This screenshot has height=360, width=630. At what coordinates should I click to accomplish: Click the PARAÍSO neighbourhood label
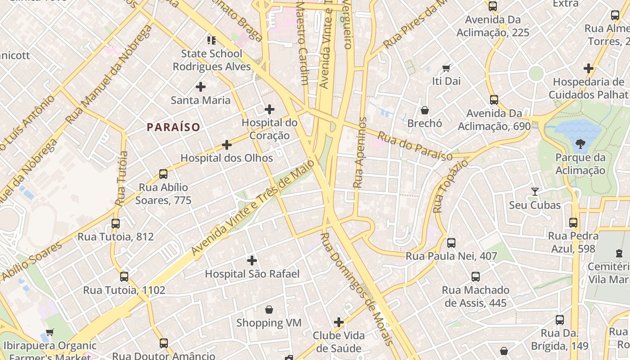click(173, 127)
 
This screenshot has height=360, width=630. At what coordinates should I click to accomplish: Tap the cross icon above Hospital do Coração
click(269, 109)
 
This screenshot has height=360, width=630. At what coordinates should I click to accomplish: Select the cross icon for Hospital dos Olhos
click(227, 145)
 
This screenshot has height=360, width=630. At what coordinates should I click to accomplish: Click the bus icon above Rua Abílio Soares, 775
click(163, 174)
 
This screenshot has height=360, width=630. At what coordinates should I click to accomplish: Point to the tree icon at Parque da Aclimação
click(580, 144)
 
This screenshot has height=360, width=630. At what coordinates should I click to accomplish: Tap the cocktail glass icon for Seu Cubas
click(535, 192)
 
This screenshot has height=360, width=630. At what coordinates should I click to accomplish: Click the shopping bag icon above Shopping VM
click(269, 310)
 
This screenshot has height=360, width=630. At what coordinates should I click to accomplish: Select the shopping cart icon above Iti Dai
click(446, 68)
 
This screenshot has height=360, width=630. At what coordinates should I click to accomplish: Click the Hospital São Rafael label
click(252, 274)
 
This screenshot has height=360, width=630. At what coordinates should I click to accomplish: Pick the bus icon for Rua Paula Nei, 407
click(451, 243)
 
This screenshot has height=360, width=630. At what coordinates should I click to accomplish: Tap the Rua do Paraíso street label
click(414, 146)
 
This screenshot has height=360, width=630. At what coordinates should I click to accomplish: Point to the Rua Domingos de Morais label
click(357, 288)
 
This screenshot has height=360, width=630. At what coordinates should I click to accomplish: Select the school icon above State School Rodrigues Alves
click(211, 40)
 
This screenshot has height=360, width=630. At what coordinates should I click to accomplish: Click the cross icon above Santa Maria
click(201, 86)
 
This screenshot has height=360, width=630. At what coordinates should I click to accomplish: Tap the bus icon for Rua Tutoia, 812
click(116, 223)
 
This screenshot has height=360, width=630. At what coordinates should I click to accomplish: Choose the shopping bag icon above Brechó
click(424, 110)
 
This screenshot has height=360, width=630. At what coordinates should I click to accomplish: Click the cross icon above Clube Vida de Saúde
click(339, 322)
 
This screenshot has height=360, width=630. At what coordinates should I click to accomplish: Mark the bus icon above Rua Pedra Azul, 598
click(573, 223)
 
